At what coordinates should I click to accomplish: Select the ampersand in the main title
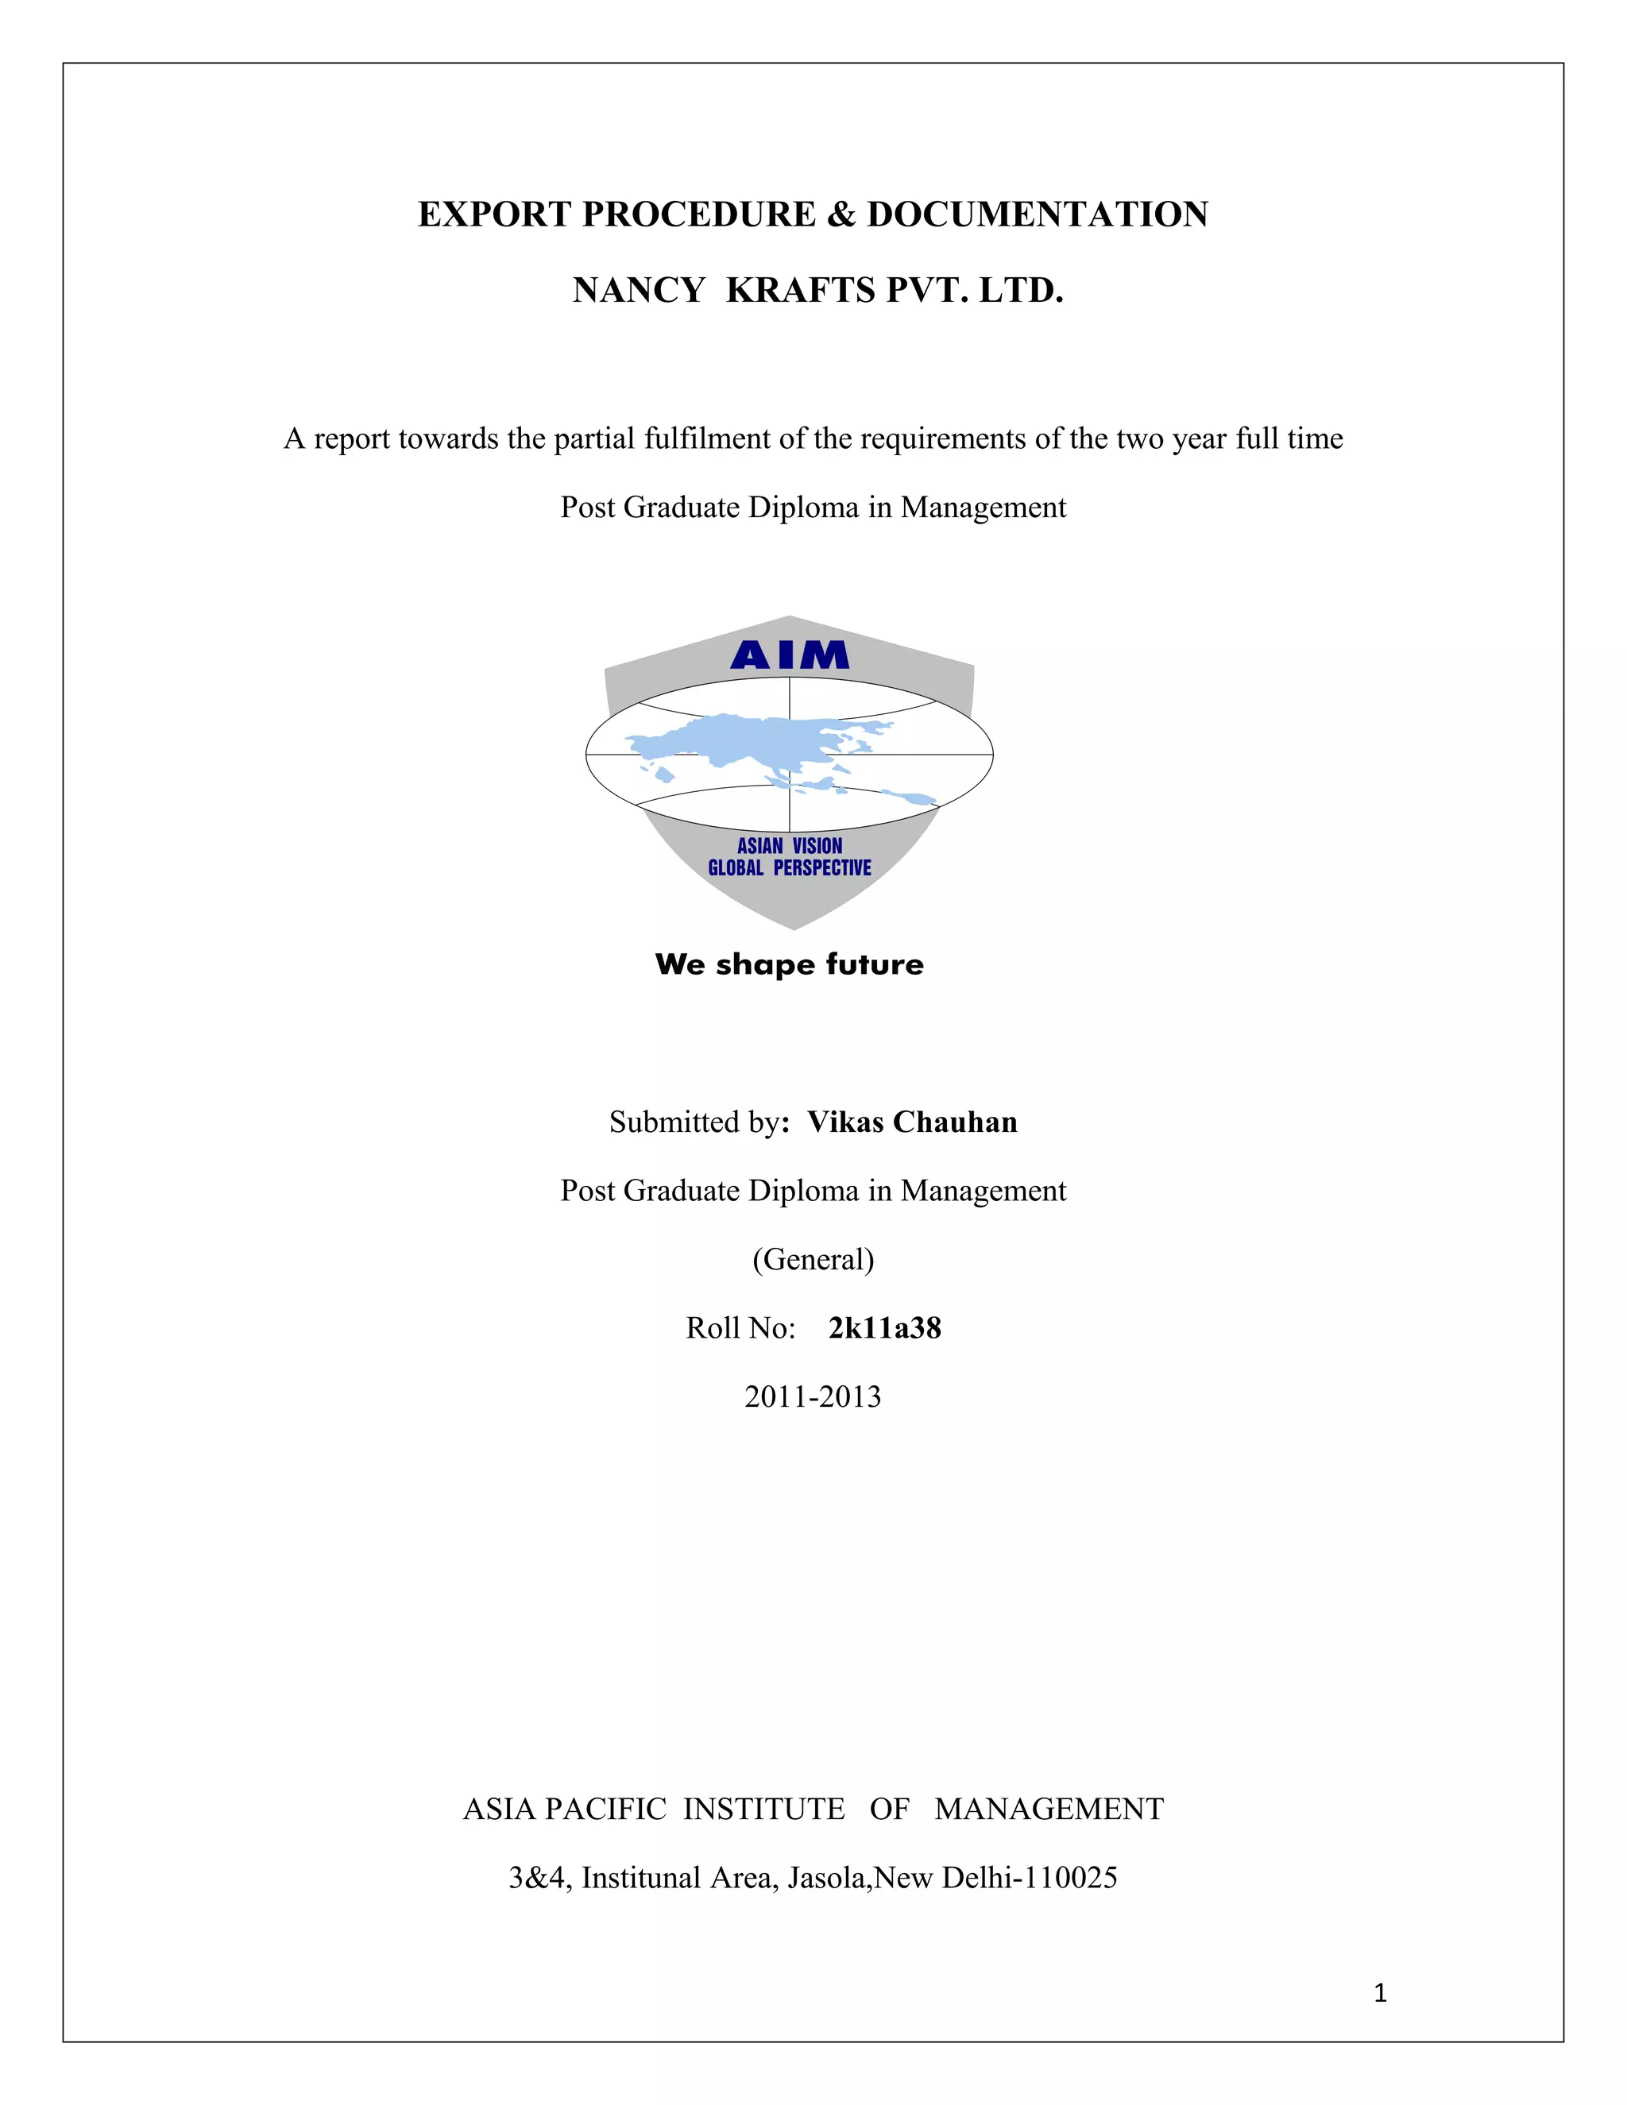[841, 214]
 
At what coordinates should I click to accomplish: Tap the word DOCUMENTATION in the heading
[1037, 214]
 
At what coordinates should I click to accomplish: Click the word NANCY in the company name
[638, 290]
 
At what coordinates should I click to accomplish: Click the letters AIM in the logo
[790, 655]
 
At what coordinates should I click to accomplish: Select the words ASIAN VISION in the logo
[790, 845]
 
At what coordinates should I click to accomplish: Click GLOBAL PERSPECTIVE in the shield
[790, 867]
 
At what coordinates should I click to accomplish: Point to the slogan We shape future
[790, 964]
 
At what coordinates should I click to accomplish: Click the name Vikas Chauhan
[912, 1122]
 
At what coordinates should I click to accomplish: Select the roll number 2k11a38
[885, 1328]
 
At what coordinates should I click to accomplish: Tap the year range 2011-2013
[813, 1396]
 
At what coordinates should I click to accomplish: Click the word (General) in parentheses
[813, 1260]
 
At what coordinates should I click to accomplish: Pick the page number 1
[1379, 1992]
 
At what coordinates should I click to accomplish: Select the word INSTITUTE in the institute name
[763, 1809]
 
